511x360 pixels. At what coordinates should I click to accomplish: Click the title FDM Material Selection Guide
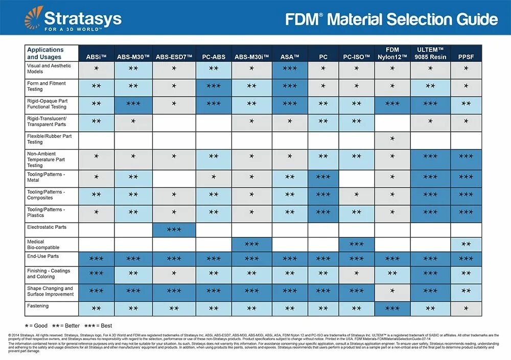tap(391, 20)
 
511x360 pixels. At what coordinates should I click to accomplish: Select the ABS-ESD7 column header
tap(174, 57)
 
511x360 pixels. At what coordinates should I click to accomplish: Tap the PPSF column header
tap(466, 57)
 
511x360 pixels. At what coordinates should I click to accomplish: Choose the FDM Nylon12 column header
tap(392, 53)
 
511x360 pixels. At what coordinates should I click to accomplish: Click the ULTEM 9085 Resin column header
tap(430, 53)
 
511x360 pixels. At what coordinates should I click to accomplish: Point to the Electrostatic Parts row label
tap(47, 227)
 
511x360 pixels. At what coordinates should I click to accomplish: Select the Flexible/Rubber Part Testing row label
tap(49, 139)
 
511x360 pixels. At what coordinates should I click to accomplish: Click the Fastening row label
tap(38, 306)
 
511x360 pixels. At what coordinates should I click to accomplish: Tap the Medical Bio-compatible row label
tap(43, 245)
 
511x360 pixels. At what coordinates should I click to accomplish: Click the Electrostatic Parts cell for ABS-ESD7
tap(174, 230)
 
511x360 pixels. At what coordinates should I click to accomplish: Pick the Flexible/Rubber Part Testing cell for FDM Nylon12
tap(392, 139)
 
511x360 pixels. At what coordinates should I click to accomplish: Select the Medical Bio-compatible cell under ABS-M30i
tap(251, 245)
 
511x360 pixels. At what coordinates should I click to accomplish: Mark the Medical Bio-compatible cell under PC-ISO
tap(356, 245)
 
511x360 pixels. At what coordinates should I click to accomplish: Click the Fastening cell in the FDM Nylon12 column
tap(392, 308)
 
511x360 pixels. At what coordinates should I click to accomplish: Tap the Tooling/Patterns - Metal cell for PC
tap(323, 177)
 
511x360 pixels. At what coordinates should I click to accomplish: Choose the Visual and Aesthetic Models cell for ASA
tap(290, 68)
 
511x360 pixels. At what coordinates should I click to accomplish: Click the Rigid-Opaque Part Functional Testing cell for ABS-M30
tap(133, 104)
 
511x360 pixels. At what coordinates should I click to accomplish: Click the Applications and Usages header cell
tap(51, 53)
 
